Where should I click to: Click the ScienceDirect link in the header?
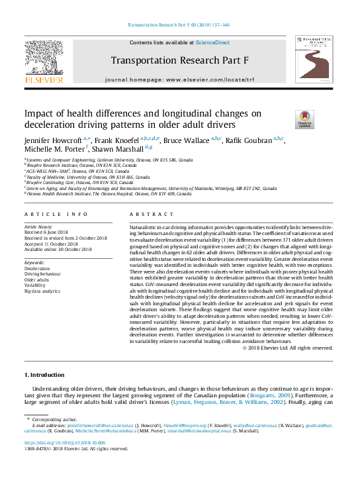tap(212, 42)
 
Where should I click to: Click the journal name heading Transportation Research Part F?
tap(179, 60)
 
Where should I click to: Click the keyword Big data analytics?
tap(42, 291)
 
